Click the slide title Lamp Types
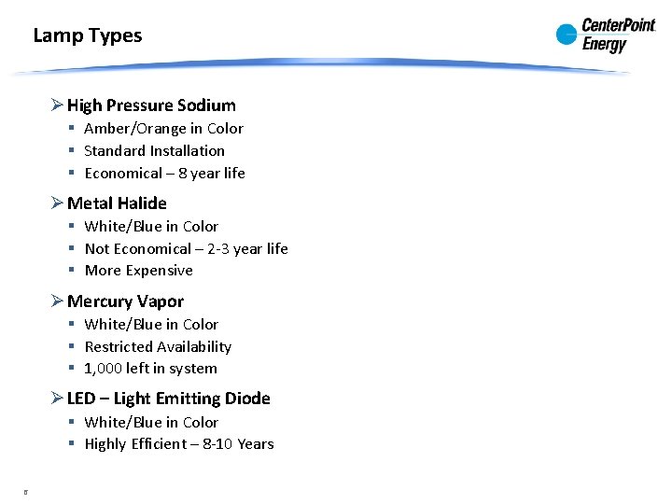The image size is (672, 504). pos(88,36)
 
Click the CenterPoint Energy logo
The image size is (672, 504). pos(606,35)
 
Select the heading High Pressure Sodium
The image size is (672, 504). pos(151,105)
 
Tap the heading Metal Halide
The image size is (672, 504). pos(117,203)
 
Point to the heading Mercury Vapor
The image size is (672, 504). pos(125,301)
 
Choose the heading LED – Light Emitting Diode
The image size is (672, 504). pos(168,399)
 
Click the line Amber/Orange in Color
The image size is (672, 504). pos(163,129)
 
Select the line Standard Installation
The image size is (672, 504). pos(154,150)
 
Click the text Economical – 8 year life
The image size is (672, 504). pos(164,173)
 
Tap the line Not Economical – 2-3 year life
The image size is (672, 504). pos(186,248)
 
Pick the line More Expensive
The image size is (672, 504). pos(138,271)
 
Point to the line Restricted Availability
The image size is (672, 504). pos(158,346)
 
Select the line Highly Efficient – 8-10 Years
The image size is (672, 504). pos(178,444)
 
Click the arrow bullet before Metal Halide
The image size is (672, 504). pos(57,203)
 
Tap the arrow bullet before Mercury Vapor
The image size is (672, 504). pos(57,301)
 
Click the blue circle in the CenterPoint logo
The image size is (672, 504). pos(567,35)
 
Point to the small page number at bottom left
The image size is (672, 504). pos(26,490)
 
